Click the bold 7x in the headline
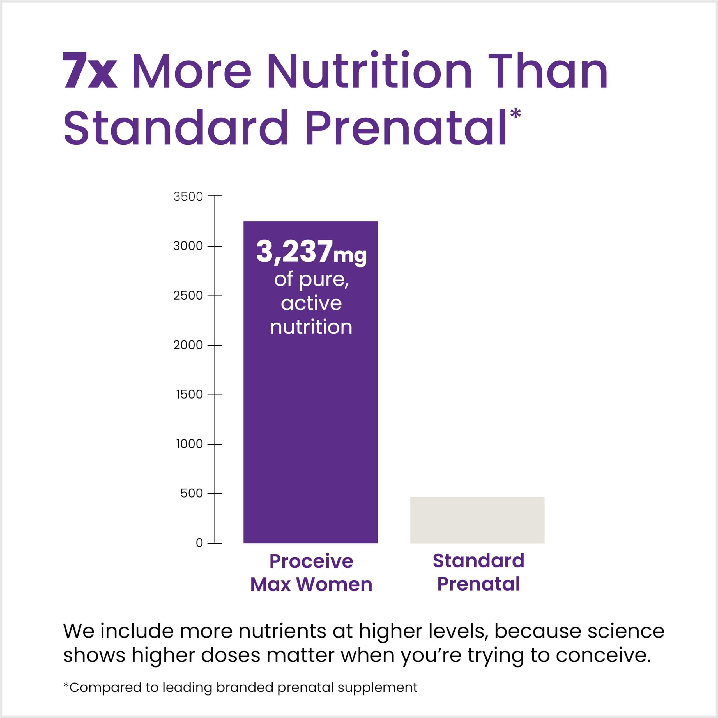(x=90, y=71)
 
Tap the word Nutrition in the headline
(x=369, y=71)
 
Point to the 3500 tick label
(x=188, y=197)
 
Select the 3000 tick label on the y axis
(x=188, y=246)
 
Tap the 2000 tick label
(x=188, y=345)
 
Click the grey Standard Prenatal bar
(x=477, y=520)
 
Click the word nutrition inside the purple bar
(x=311, y=327)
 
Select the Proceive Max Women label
(x=311, y=573)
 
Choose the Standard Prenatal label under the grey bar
(x=478, y=572)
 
